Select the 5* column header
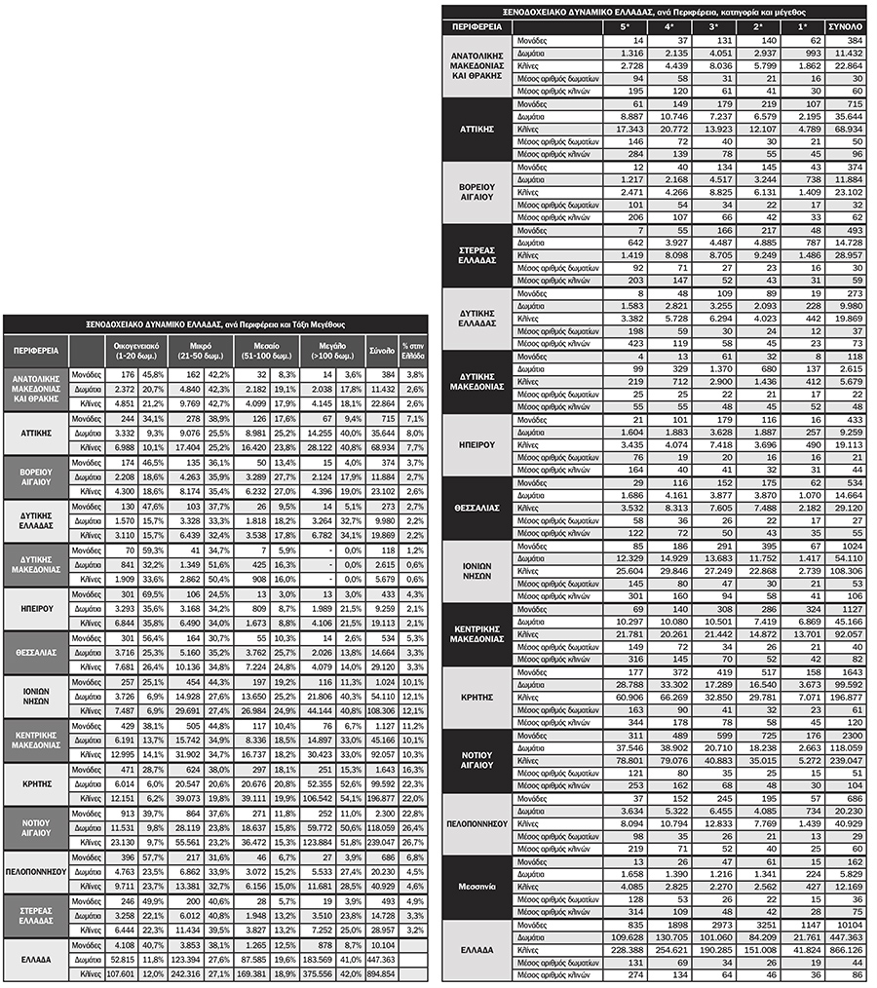coord(625,25)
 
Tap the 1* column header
coord(800,25)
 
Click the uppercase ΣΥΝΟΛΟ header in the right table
coord(845,25)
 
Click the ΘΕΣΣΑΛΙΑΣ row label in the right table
coord(477,508)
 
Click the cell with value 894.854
coord(380,973)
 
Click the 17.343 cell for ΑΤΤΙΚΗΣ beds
coord(624,130)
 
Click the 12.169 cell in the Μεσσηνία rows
coord(846,887)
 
